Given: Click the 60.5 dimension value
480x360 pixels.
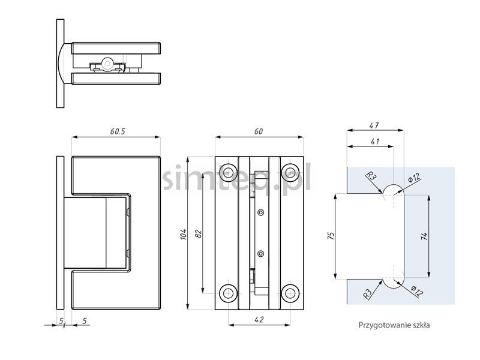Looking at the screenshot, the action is pyautogui.click(x=118, y=131).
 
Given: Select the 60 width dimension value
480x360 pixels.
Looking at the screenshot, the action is pyautogui.click(x=259, y=131).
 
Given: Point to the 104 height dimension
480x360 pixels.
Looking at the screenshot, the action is pyautogui.click(x=184, y=234).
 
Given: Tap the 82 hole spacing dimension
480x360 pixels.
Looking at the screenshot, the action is pyautogui.click(x=199, y=234).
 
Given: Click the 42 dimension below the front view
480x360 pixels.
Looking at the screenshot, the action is pyautogui.click(x=259, y=320).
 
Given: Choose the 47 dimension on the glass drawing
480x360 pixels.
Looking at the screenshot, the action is pyautogui.click(x=374, y=125).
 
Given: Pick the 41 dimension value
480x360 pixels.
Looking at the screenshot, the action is pyautogui.click(x=374, y=142).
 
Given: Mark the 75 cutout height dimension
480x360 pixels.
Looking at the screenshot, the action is pyautogui.click(x=331, y=235).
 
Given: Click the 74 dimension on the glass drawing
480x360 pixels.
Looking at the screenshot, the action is pyautogui.click(x=424, y=236).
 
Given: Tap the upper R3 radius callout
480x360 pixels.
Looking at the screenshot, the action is pyautogui.click(x=371, y=176).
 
